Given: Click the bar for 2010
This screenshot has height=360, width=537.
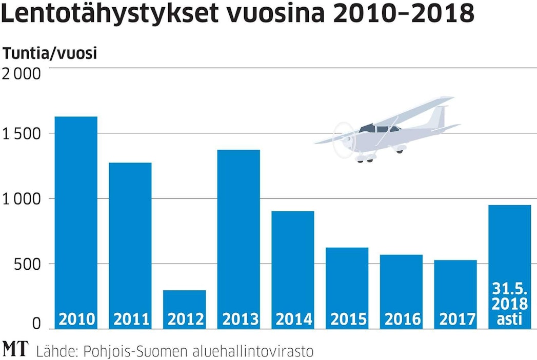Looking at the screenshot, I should point(76,215).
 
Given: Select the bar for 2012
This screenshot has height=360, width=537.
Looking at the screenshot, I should point(184,303).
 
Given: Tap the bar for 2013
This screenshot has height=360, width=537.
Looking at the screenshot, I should point(238,231).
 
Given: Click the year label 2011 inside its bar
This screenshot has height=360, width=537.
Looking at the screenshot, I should point(130,319).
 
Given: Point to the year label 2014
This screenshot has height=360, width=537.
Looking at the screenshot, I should point(293,319).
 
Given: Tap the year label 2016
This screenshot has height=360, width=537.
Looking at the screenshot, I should point(402,319).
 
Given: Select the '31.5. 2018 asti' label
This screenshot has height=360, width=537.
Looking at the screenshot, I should point(510,304).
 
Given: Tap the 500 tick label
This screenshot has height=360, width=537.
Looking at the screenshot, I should point(26,264).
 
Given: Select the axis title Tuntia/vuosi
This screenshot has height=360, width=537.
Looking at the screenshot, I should point(50,53).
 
